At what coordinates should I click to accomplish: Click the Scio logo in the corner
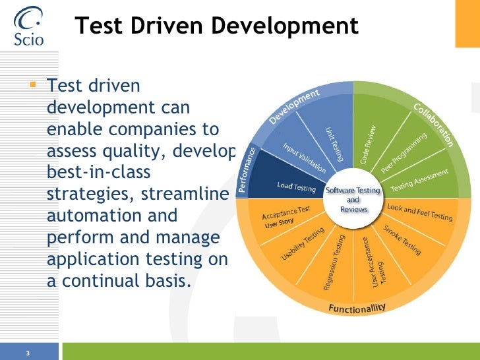pyautogui.click(x=28, y=26)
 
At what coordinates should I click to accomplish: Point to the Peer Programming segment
pyautogui.click(x=404, y=153)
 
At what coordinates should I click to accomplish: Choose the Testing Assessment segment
pyautogui.click(x=420, y=180)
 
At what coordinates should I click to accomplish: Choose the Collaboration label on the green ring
pyautogui.click(x=433, y=124)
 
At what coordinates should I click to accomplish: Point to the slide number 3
pyautogui.click(x=28, y=353)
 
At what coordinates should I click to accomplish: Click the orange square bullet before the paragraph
pyautogui.click(x=34, y=85)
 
